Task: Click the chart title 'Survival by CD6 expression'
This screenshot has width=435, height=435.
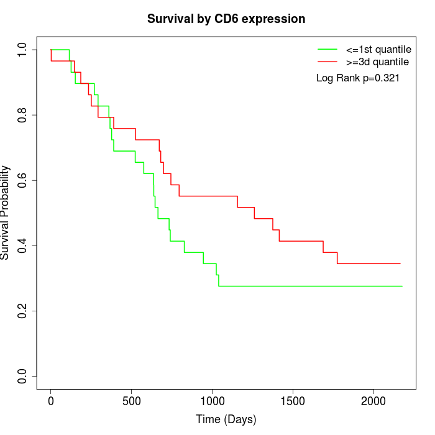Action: pyautogui.click(x=226, y=19)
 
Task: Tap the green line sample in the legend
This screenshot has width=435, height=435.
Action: pyautogui.click(x=327, y=49)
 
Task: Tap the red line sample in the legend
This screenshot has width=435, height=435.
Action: pyautogui.click(x=327, y=62)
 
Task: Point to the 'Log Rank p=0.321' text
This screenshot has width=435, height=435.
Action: pyautogui.click(x=358, y=78)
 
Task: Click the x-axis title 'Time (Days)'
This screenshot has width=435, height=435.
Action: pyautogui.click(x=226, y=419)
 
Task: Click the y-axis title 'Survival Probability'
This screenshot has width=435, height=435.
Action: pyautogui.click(x=6, y=213)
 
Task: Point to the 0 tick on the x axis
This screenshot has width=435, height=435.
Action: pyautogui.click(x=51, y=400)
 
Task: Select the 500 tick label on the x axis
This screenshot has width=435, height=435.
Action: pyautogui.click(x=132, y=400)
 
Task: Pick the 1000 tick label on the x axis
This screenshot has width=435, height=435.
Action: pyautogui.click(x=213, y=400)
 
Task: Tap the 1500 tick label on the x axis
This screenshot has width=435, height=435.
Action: pyautogui.click(x=293, y=400)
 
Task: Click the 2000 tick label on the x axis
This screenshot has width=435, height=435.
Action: pyautogui.click(x=374, y=400)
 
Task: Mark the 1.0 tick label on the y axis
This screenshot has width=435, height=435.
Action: pyautogui.click(x=23, y=50)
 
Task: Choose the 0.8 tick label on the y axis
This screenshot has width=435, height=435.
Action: pyautogui.click(x=23, y=115)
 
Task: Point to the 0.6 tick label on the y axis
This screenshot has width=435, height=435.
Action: pyautogui.click(x=23, y=180)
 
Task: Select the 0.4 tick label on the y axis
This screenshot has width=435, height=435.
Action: pyautogui.click(x=23, y=245)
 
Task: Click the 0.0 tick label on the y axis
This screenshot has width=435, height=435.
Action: pyautogui.click(x=23, y=376)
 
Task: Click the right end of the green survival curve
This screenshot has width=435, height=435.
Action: pyautogui.click(x=402, y=286)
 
